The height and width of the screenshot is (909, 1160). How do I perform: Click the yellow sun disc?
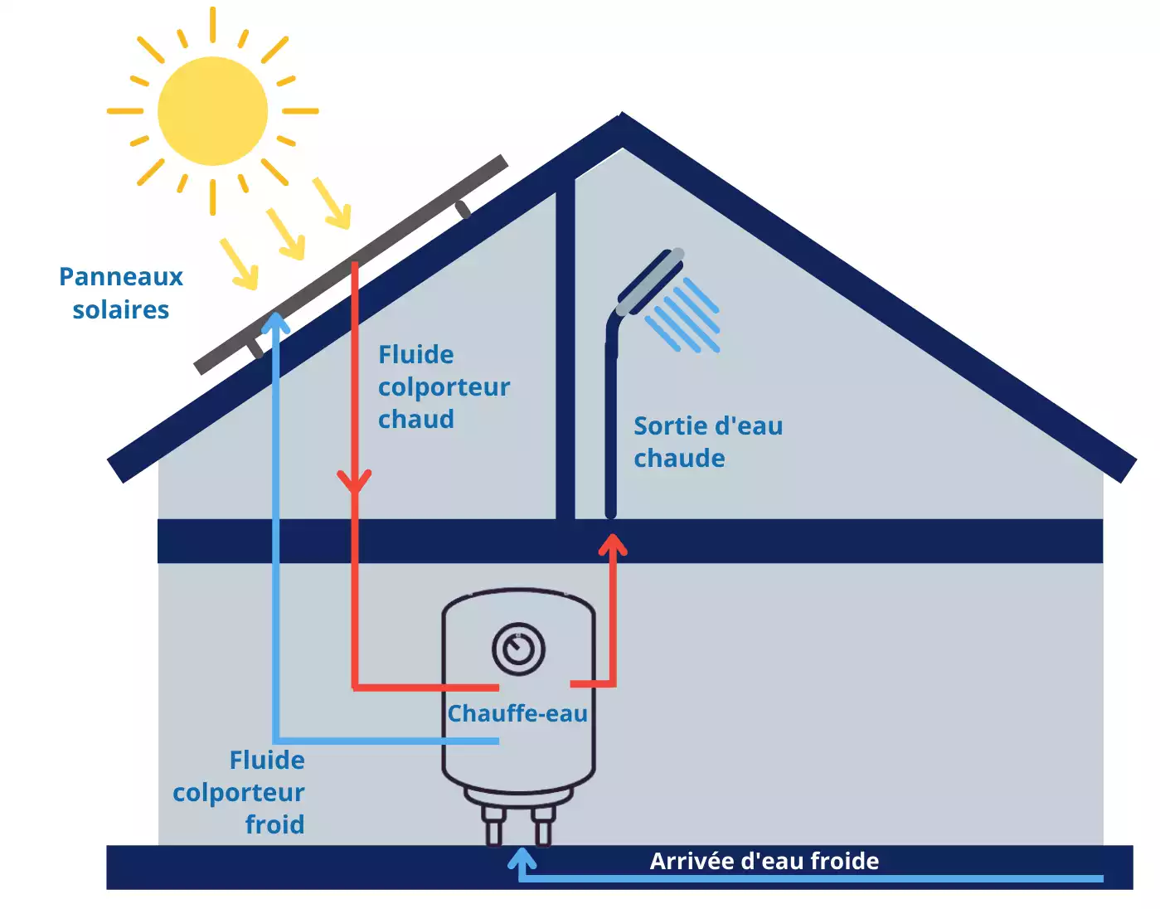212,110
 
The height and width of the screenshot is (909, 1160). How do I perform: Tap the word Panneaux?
121,277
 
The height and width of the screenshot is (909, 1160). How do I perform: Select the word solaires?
121,310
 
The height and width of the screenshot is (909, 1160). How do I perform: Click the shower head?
652,281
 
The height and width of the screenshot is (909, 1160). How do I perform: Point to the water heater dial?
518,649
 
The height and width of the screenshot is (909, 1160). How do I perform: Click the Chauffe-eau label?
517,713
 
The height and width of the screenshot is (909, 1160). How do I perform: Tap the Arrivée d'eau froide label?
764,861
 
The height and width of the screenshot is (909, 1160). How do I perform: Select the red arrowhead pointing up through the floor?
613,545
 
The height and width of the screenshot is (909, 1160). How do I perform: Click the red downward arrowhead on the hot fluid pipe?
355,481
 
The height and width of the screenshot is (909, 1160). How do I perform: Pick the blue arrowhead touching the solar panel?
275,323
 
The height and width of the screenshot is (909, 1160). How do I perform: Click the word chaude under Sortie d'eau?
679,459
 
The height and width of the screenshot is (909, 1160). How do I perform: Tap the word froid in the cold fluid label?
274,824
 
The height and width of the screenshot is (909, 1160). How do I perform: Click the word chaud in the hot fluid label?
416,420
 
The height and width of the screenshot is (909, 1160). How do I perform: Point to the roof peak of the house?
622,124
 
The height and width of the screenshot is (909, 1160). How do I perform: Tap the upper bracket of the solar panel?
463,209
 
